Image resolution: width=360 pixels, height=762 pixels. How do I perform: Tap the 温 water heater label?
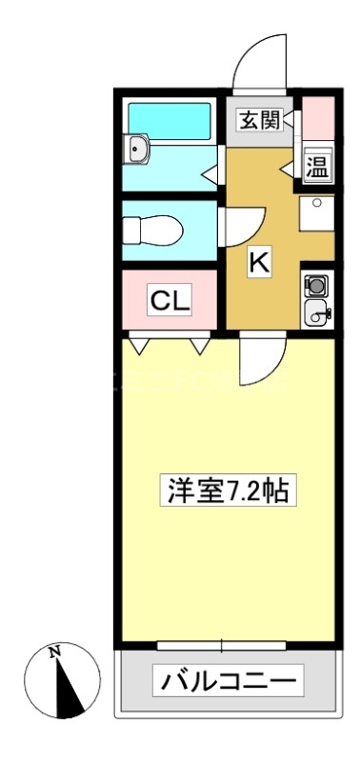click(x=316, y=166)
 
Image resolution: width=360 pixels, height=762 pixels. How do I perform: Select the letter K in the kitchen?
click(x=259, y=264)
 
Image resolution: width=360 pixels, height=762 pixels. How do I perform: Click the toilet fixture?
click(x=152, y=230)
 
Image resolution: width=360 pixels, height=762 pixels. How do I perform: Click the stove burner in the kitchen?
click(x=317, y=285)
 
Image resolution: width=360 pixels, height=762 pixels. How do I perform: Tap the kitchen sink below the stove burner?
click(x=317, y=311)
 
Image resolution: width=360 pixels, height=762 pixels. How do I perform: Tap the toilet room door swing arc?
click(x=240, y=228)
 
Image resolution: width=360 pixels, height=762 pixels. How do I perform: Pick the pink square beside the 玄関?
click(x=318, y=118)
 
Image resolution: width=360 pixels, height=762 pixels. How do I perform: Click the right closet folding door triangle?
click(x=200, y=347)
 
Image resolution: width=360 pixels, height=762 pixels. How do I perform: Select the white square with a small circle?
click(x=317, y=213)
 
